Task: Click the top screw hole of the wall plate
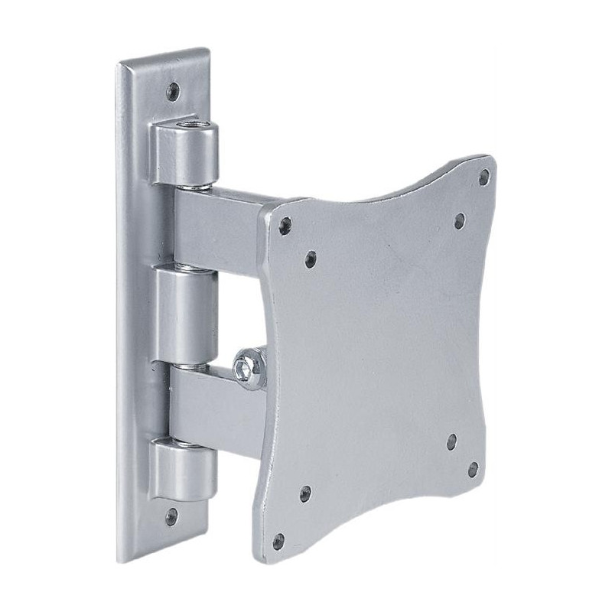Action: point(174,90)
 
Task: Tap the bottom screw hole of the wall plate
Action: point(171,516)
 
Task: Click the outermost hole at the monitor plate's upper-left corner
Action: point(285,225)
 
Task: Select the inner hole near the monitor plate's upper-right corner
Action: point(459,221)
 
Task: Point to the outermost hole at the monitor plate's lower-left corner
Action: point(278,542)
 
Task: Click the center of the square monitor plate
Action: point(379,356)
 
